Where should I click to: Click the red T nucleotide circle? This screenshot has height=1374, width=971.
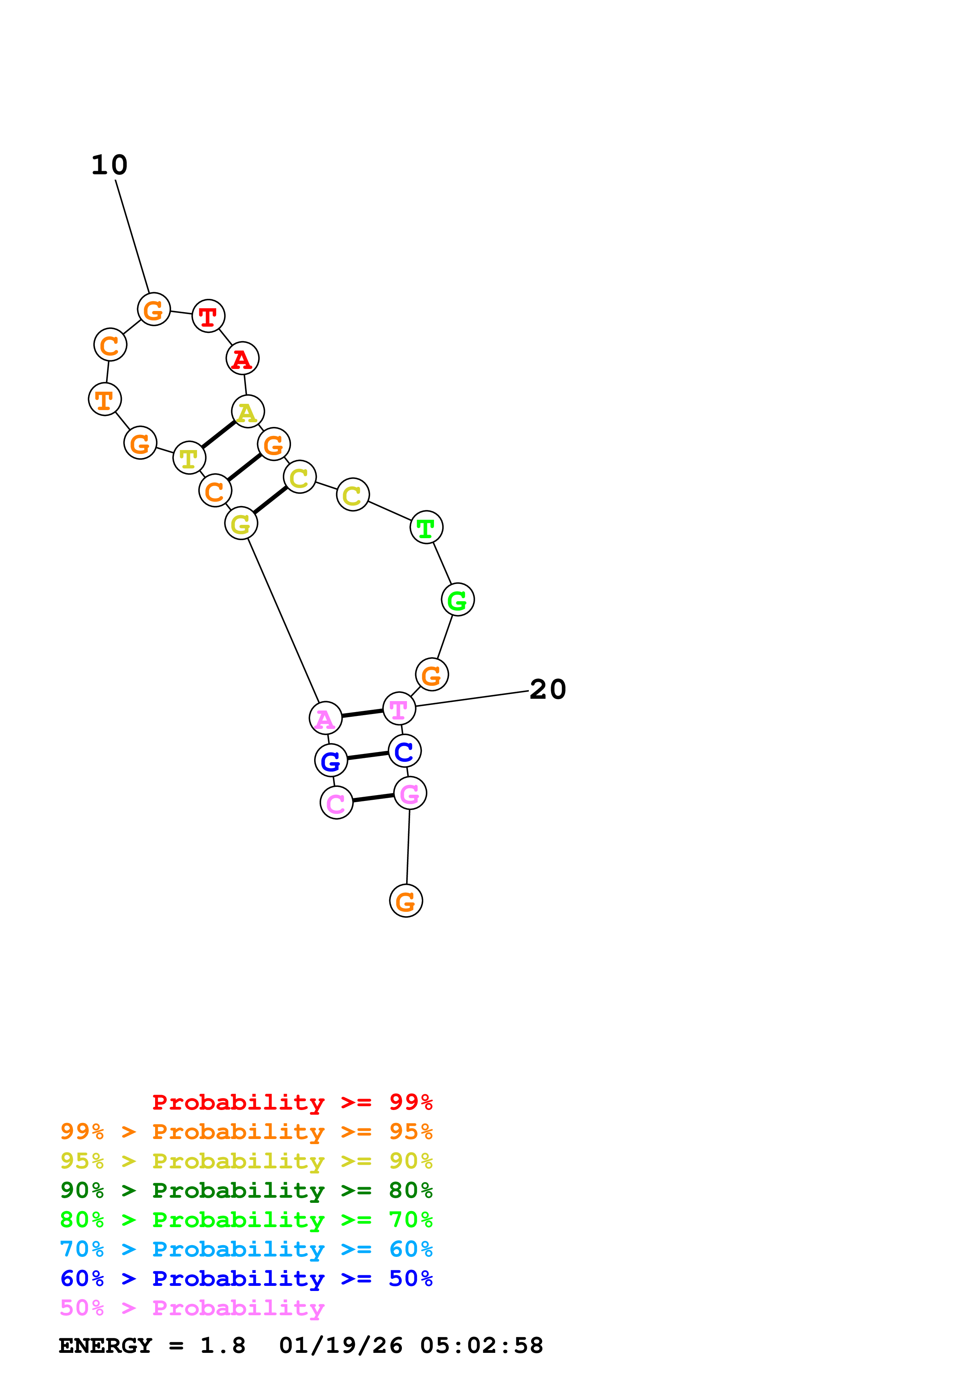point(208,316)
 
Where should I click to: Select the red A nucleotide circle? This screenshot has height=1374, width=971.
point(242,358)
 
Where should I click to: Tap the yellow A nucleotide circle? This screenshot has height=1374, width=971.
point(248,412)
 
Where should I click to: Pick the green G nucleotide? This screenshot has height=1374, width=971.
point(457,600)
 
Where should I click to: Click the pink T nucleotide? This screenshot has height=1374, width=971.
point(399,709)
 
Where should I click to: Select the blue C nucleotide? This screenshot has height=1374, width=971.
point(405,751)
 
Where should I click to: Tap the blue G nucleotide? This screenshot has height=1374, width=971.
point(331,761)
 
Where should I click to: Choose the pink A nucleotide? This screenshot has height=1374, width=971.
point(325,718)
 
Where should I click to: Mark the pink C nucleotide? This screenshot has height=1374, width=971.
point(337,803)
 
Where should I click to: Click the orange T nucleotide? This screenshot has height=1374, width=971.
point(105,399)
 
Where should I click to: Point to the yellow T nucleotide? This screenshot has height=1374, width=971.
point(189,458)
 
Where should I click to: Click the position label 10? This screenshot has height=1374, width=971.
point(110,165)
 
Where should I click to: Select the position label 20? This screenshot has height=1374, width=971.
point(548,689)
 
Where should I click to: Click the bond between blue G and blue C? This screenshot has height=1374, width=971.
point(367,756)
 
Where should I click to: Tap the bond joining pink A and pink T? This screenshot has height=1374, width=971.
point(362,713)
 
